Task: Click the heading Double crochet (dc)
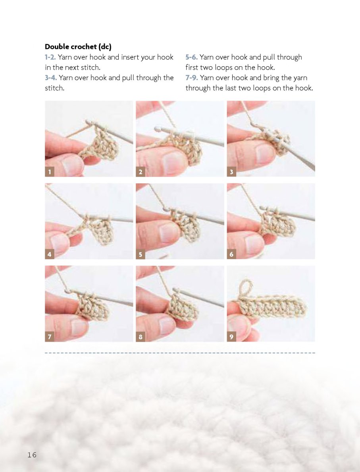(78, 47)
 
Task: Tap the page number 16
(32, 455)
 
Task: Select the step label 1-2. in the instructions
(50, 57)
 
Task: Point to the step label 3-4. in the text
(51, 78)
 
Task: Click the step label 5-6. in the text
(192, 57)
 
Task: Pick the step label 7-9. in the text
(192, 78)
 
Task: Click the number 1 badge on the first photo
(49, 172)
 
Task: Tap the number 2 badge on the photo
(141, 172)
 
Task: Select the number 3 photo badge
(231, 172)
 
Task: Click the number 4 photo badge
(49, 254)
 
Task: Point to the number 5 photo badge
(141, 254)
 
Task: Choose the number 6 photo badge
(231, 254)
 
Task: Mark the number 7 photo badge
(49, 337)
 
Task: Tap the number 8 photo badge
(141, 337)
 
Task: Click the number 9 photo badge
(231, 337)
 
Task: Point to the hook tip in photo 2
(156, 129)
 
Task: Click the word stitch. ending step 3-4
(54, 88)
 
